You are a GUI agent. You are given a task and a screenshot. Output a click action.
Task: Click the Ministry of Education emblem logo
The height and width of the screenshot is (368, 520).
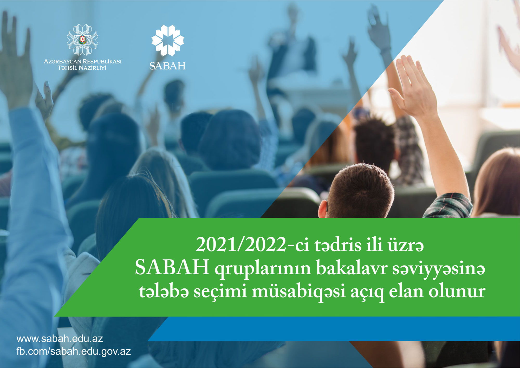(82, 40)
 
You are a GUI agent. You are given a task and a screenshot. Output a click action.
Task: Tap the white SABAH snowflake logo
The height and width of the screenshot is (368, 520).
(168, 40)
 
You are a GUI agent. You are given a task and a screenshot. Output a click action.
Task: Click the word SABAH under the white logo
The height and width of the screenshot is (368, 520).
(167, 66)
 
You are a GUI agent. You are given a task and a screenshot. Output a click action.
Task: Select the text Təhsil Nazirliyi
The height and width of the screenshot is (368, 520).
(82, 68)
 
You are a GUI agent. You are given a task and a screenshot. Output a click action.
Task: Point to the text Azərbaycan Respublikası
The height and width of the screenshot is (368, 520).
(82, 61)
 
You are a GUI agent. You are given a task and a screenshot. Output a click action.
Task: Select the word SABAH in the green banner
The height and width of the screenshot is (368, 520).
(172, 268)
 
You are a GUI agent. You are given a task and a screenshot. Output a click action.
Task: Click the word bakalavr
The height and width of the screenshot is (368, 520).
(352, 268)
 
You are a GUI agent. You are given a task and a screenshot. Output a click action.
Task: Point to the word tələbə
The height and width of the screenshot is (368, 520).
(164, 291)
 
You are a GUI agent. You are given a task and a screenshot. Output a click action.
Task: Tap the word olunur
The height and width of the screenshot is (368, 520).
(457, 292)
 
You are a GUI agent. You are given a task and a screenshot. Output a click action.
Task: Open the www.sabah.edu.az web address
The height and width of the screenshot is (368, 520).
(60, 339)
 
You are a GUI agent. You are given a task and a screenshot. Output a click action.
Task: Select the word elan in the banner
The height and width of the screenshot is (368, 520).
(406, 291)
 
